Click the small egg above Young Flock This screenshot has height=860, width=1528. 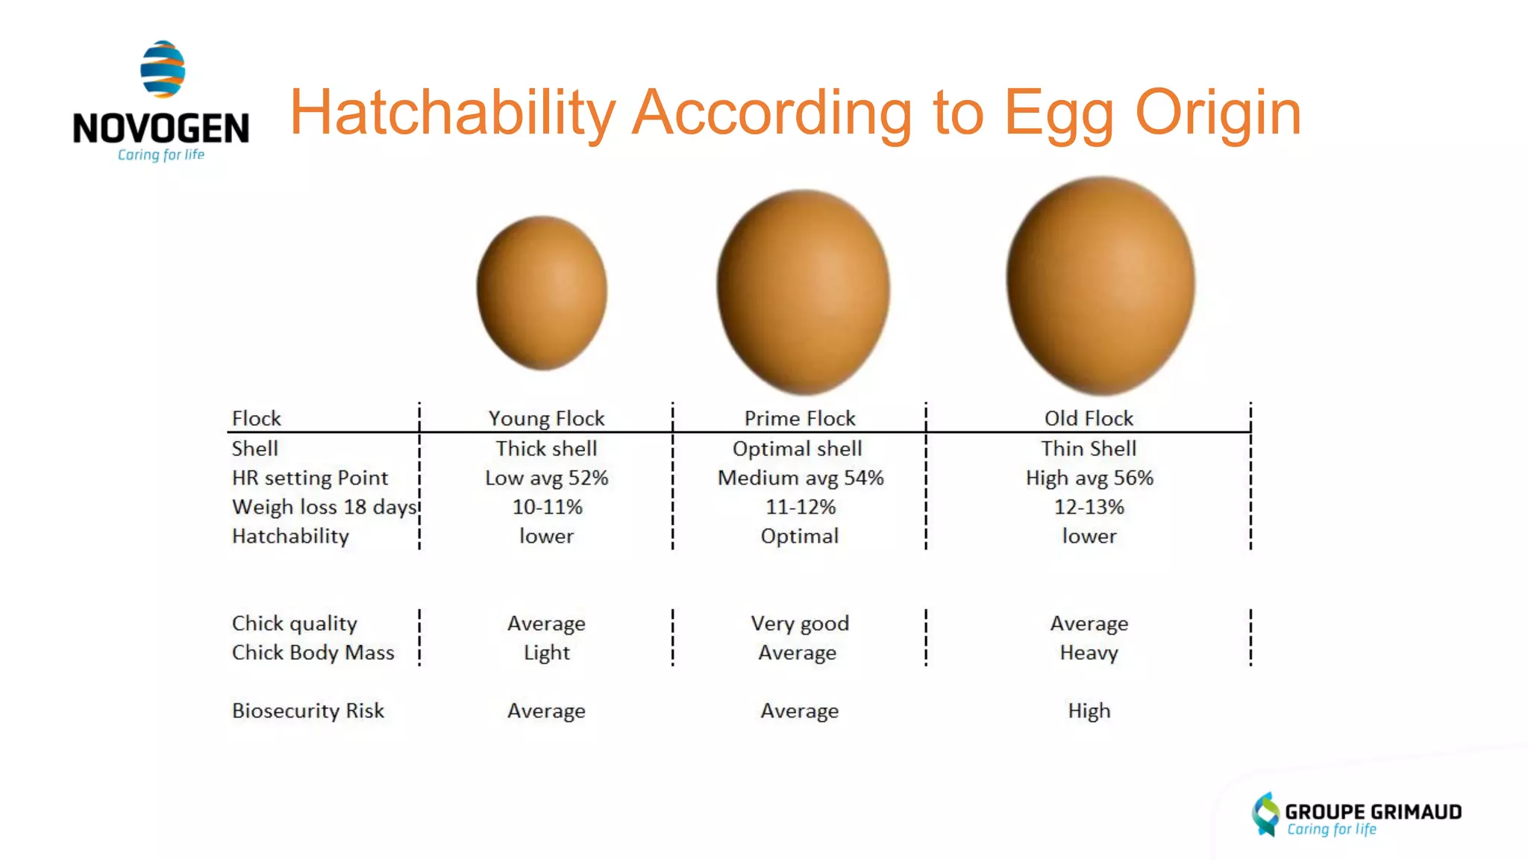pyautogui.click(x=542, y=293)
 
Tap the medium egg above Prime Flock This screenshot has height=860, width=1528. pyautogui.click(x=804, y=291)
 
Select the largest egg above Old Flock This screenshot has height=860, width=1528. pyautogui.click(x=1100, y=285)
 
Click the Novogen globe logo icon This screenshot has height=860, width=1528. pyautogui.click(x=163, y=69)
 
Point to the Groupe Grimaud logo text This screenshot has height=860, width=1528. pyautogui.click(x=1372, y=811)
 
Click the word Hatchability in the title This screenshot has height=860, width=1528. pyautogui.click(x=452, y=113)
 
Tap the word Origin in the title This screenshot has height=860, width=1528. pyautogui.click(x=1218, y=113)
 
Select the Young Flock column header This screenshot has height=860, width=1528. pyautogui.click(x=546, y=418)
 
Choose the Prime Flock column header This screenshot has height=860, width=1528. pyautogui.click(x=800, y=418)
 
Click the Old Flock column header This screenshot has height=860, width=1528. pyautogui.click(x=1089, y=418)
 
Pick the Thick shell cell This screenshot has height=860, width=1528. pyautogui.click(x=546, y=448)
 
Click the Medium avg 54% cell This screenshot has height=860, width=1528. pyautogui.click(x=800, y=478)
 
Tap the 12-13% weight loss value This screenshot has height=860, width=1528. pyautogui.click(x=1089, y=507)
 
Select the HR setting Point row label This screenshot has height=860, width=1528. pyautogui.click(x=310, y=478)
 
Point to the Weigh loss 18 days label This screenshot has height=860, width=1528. pyautogui.click(x=324, y=507)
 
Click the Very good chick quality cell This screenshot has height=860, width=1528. pyautogui.click(x=800, y=623)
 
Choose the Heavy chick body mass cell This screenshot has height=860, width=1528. pyautogui.click(x=1089, y=652)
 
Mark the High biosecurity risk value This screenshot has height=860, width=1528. pyautogui.click(x=1089, y=711)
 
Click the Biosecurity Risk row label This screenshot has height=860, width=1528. pyautogui.click(x=307, y=711)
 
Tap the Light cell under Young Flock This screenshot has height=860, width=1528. pyautogui.click(x=546, y=652)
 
